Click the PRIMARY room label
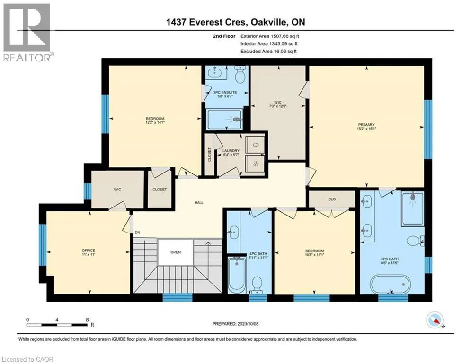click(x=366, y=124)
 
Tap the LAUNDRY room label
click(x=231, y=151)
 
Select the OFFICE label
click(x=89, y=251)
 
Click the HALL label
click(x=199, y=203)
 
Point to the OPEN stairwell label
click(x=176, y=252)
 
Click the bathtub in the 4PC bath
click(x=237, y=274)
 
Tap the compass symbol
click(x=435, y=320)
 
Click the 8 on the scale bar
click(x=87, y=320)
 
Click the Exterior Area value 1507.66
click(x=279, y=36)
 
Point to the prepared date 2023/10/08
click(x=248, y=324)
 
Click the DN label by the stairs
click(x=138, y=233)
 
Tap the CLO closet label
click(x=332, y=199)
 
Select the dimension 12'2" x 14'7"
click(x=155, y=122)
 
